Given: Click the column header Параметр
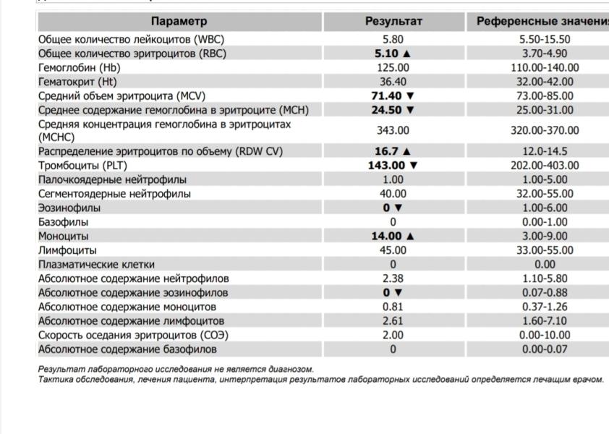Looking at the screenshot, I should tap(179, 22).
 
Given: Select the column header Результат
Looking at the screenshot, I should tap(393, 22).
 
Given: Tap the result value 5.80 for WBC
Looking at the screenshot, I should tap(393, 40).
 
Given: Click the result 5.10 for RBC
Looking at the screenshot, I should tap(388, 54).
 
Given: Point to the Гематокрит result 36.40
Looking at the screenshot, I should tap(393, 82).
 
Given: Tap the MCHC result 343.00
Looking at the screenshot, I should tap(393, 130).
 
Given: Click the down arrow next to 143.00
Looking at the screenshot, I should tap(414, 165).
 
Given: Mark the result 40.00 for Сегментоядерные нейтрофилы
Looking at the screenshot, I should tap(393, 194).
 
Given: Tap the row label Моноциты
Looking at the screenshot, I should tap(63, 236).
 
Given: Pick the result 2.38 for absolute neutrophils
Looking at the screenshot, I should tap(393, 278).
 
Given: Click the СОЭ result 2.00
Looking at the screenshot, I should tap(393, 335).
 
